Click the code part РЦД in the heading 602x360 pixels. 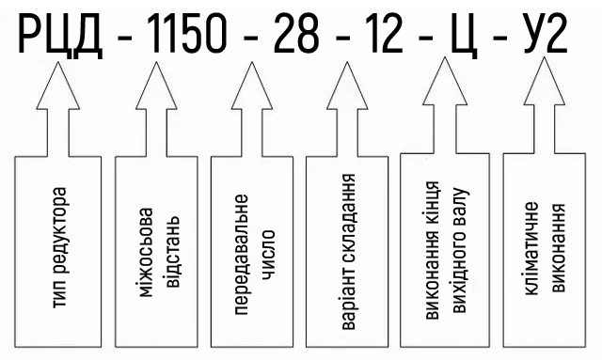tap(60, 36)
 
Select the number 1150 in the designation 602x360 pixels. tap(186, 34)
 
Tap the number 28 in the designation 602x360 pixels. tap(297, 34)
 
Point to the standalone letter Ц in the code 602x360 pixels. tap(464, 36)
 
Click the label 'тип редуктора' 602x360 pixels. tap(60, 247)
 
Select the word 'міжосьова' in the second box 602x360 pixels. tap(146, 253)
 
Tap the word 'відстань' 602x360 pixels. tap(171, 253)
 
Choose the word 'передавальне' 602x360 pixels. tap(242, 255)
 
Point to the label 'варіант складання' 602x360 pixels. tap(349, 251)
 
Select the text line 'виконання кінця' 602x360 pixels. tap(433, 250)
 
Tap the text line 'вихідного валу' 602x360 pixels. tap(460, 250)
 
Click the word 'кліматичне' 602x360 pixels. tap(531, 248)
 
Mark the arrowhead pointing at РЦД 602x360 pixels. tap(58, 86)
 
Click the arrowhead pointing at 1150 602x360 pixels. tap(156, 86)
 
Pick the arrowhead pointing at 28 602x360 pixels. tap(252, 86)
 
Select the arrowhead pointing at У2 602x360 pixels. tap(545, 81)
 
